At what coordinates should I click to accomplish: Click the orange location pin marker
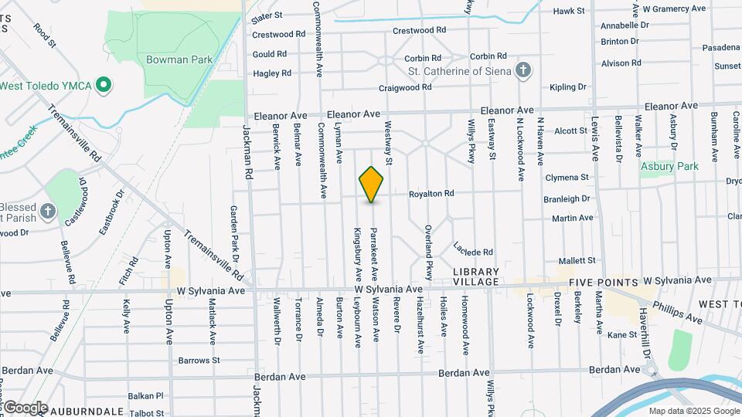(372, 184)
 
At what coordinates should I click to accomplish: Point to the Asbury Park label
(669, 166)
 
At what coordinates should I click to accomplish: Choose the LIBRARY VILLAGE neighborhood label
(477, 276)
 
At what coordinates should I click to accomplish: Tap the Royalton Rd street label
(431, 194)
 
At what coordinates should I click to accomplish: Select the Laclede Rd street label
(473, 252)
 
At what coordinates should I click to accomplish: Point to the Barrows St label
(199, 360)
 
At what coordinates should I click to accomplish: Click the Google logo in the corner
(25, 407)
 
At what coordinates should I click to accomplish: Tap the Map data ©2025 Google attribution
(693, 410)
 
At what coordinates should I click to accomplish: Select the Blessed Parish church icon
(48, 210)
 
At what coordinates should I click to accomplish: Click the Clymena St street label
(567, 177)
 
